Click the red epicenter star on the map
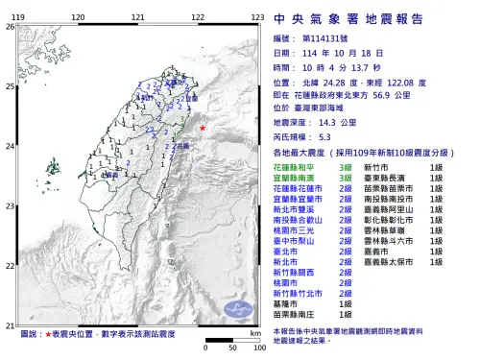click(203, 128)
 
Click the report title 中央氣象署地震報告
click(361, 18)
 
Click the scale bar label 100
click(258, 347)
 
